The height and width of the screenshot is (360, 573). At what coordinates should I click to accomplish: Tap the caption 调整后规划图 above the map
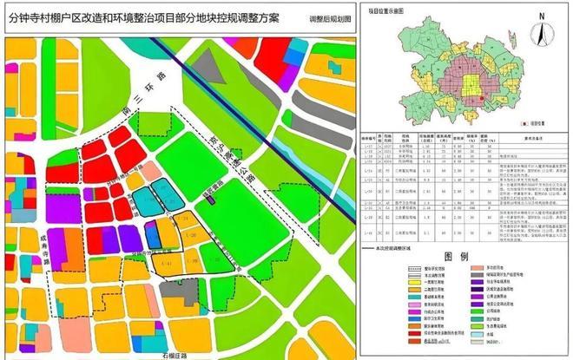331,19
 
